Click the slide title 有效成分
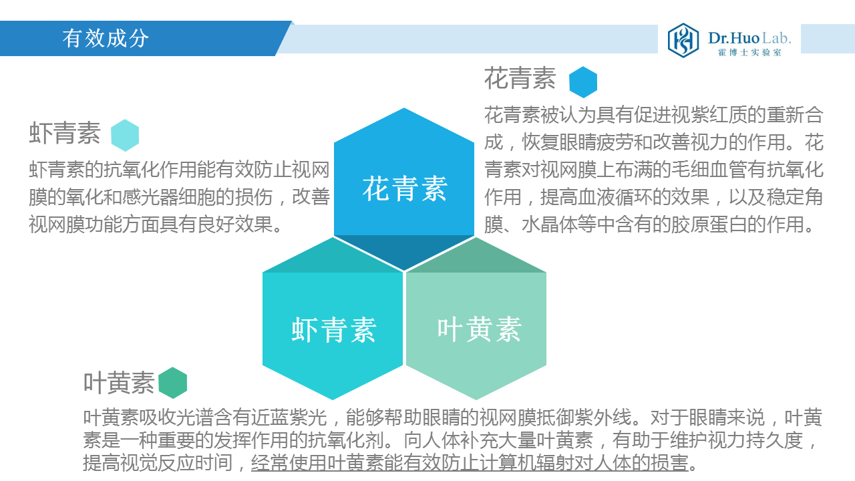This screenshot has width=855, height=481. pyautogui.click(x=106, y=39)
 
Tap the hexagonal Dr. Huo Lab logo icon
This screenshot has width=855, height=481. pyautogui.click(x=683, y=40)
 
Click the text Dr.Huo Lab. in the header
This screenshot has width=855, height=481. pyautogui.click(x=749, y=38)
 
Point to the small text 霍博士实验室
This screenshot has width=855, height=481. pyautogui.click(x=749, y=52)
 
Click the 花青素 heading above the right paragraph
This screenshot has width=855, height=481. pyautogui.click(x=520, y=78)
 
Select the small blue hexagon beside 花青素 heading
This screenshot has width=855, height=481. pyautogui.click(x=583, y=82)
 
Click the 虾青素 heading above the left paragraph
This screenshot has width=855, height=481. pyautogui.click(x=65, y=133)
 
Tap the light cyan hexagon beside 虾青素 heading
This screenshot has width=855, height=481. pyautogui.click(x=125, y=135)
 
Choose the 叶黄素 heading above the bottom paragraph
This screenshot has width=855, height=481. pyautogui.click(x=119, y=383)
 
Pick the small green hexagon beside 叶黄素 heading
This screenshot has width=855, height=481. pyautogui.click(x=173, y=383)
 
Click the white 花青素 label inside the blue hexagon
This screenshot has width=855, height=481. pyautogui.click(x=405, y=188)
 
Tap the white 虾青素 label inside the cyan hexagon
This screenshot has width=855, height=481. pyautogui.click(x=334, y=330)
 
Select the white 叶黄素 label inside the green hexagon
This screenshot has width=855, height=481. pyautogui.click(x=480, y=329)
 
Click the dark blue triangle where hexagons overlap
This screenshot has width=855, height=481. pyautogui.click(x=404, y=249)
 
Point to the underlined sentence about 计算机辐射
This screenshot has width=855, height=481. pyautogui.click(x=470, y=463)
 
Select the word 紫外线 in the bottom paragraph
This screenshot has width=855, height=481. pyautogui.click(x=603, y=418)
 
